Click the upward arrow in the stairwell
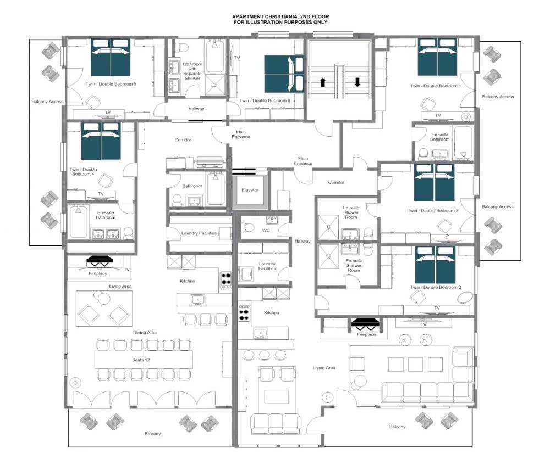click(323, 82)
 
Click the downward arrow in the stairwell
click(358, 82)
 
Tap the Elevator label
click(250, 190)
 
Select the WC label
click(266, 231)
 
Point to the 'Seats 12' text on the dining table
click(141, 360)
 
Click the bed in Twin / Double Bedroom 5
click(111, 58)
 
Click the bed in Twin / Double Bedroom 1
click(437, 57)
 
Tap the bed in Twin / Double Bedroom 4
click(101, 141)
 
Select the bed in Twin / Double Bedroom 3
click(435, 265)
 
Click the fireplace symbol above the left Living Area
click(100, 262)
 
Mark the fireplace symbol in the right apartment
click(365, 324)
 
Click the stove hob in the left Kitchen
click(226, 280)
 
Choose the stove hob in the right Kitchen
click(244, 313)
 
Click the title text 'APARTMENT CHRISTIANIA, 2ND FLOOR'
click(280, 16)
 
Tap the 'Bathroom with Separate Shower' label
click(192, 71)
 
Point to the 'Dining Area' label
click(145, 332)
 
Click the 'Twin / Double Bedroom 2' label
click(433, 211)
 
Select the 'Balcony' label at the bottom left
click(152, 434)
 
